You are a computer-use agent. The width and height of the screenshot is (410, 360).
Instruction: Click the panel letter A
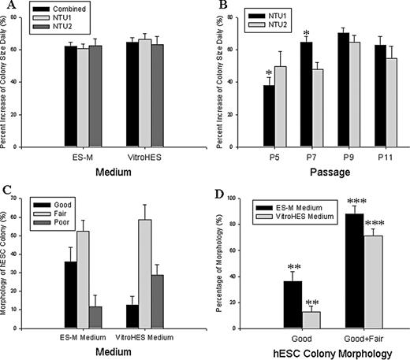point(8,7)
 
